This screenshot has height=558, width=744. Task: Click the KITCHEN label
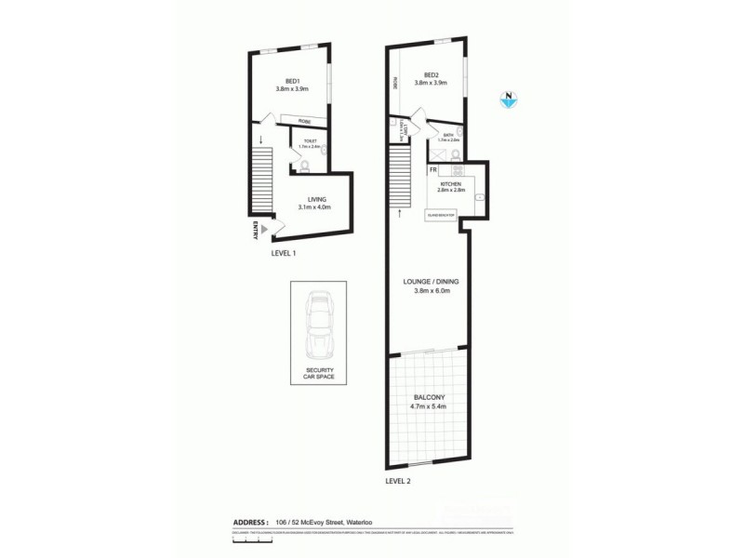(451, 184)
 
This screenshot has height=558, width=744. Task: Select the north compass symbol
(509, 99)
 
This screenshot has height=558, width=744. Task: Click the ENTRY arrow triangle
(264, 229)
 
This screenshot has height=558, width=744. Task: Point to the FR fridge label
(433, 170)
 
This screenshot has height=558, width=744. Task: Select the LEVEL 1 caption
(283, 252)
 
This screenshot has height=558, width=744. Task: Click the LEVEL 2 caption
(397, 481)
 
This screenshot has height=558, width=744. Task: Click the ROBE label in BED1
(303, 122)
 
